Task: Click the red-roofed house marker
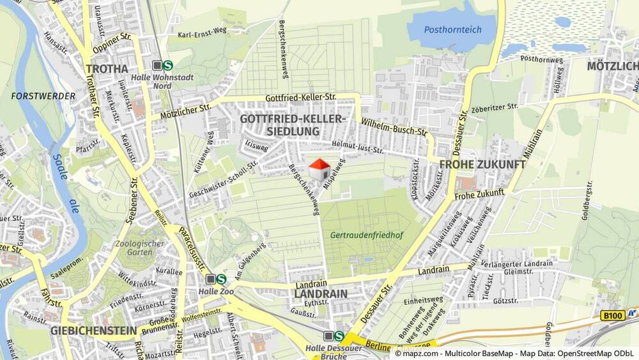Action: tap(319, 170)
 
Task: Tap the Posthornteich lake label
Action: tap(452, 29)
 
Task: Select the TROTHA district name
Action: tap(107, 69)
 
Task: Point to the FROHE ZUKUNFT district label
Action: tap(482, 164)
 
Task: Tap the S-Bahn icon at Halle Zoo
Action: tap(221, 279)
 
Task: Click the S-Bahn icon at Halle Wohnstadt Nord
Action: tap(167, 65)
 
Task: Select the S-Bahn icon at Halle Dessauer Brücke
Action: tap(339, 336)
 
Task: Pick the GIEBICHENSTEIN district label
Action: tap(93, 331)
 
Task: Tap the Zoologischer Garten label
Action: tap(140, 247)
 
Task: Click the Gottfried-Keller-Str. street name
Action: tap(300, 97)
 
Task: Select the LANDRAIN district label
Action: tap(321, 293)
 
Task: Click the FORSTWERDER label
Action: tap(43, 96)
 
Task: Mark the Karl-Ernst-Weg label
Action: tap(202, 35)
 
